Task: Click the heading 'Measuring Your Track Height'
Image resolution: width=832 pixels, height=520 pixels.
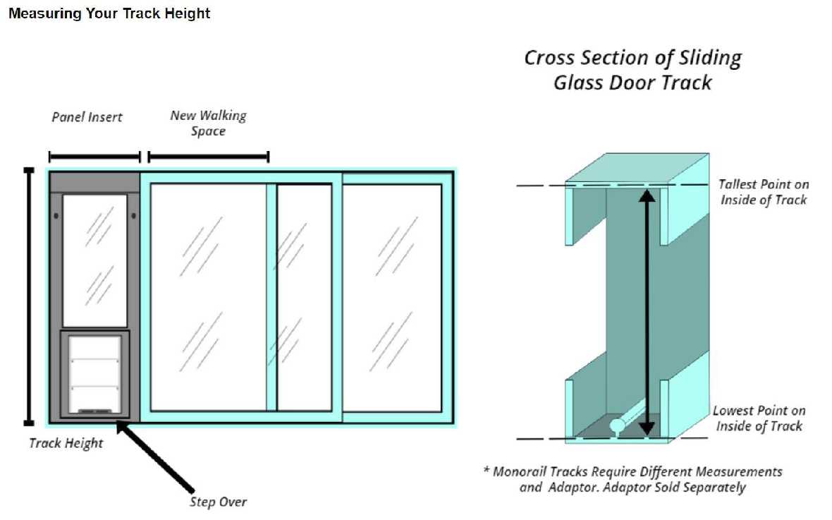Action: coord(109,13)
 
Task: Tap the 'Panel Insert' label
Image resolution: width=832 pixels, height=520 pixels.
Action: coord(87,117)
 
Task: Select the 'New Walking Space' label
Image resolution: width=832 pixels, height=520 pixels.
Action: coord(208,123)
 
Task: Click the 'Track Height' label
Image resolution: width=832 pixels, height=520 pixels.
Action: coord(66,443)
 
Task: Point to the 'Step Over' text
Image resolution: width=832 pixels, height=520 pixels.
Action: coord(218,502)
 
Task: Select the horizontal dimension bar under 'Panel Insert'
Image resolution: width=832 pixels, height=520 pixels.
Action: coord(94,157)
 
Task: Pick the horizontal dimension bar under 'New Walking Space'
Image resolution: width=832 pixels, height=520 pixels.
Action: coord(208,157)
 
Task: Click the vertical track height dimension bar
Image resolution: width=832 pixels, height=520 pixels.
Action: coord(29,296)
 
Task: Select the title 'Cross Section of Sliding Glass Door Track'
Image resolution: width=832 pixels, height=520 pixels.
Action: coord(632,69)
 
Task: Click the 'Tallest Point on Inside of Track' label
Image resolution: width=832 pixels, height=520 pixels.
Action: coord(763,192)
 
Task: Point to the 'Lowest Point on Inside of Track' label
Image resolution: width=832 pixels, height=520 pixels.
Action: coord(759,418)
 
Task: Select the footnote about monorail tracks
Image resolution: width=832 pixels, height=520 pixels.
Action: coord(632,479)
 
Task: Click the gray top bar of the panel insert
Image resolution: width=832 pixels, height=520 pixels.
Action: coord(94,182)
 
